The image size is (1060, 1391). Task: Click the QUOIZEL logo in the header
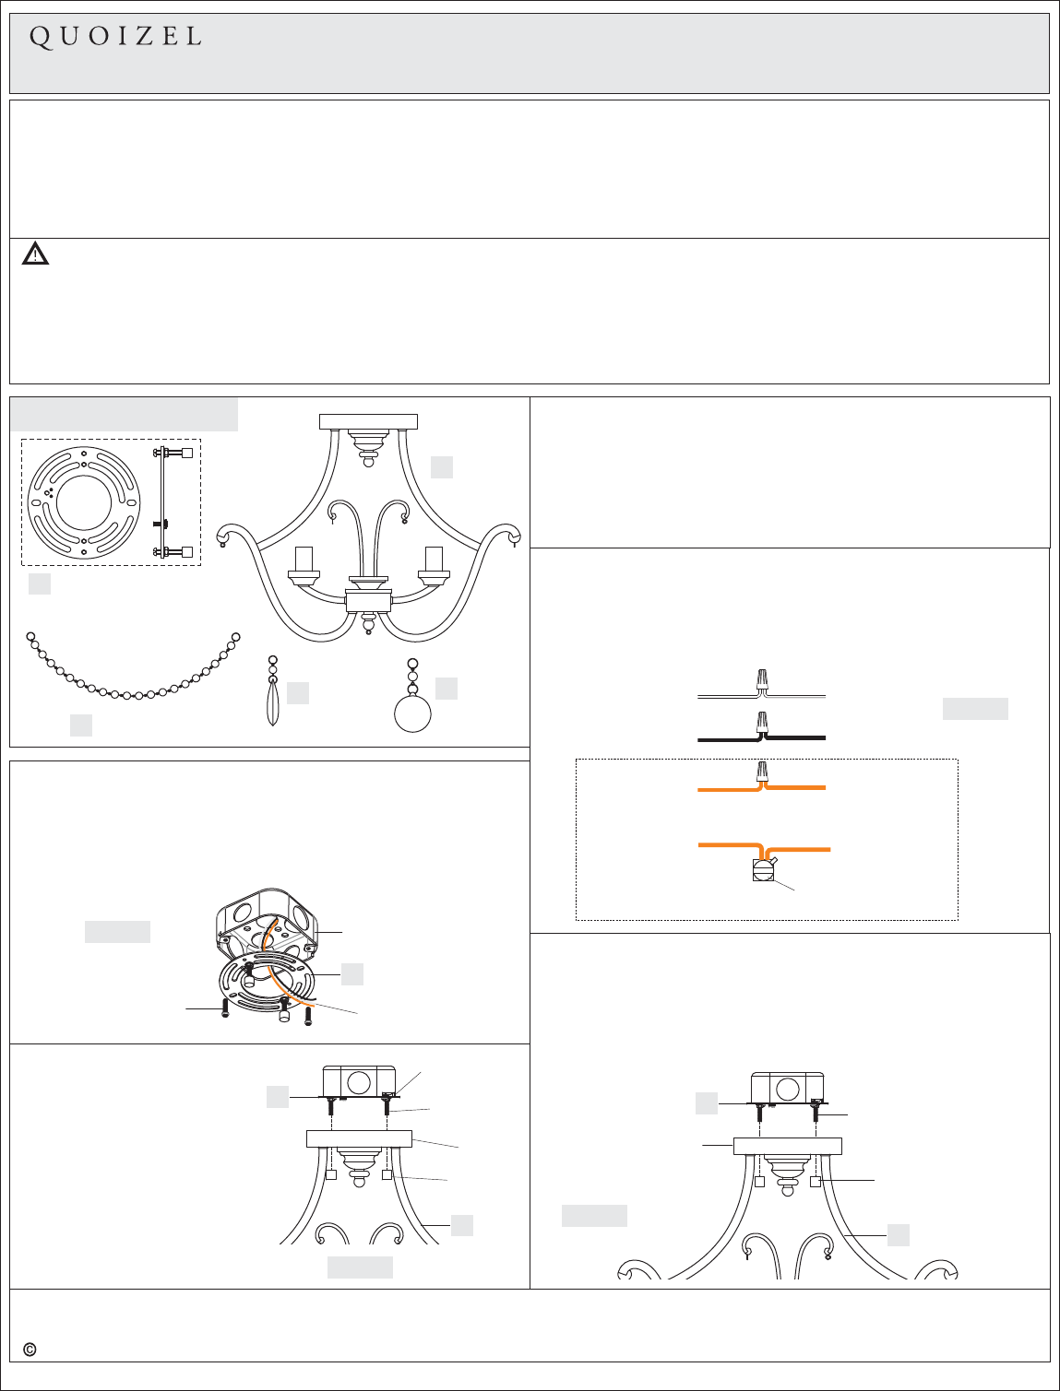[x=115, y=38]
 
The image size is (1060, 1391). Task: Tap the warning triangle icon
[x=35, y=253]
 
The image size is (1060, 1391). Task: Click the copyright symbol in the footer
[x=30, y=1350]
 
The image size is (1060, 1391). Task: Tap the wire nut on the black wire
[x=763, y=722]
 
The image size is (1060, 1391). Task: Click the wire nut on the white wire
[x=763, y=680]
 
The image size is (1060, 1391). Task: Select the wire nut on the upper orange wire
[x=763, y=772]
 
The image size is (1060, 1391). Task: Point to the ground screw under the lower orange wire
[x=763, y=869]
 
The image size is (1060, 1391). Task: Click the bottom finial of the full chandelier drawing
[x=368, y=623]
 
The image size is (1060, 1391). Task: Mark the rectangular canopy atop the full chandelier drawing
[x=368, y=422]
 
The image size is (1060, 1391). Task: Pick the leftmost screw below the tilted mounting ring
[x=225, y=1009]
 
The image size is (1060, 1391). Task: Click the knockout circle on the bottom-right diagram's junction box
[x=788, y=1090]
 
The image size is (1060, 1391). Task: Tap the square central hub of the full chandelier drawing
[x=368, y=600]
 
